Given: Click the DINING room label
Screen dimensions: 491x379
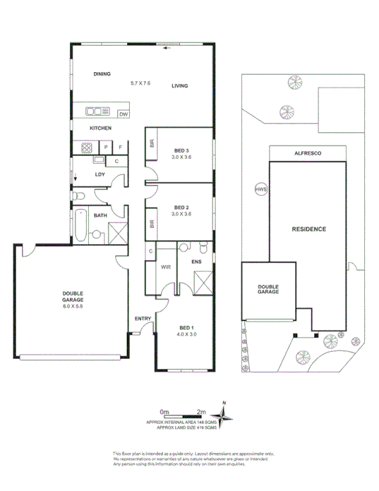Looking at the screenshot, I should click(103, 74).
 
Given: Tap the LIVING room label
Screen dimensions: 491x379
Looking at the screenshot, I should click(180, 86).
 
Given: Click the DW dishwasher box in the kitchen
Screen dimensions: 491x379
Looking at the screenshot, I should click(123, 113).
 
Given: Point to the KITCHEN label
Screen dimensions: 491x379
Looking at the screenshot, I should click(100, 129).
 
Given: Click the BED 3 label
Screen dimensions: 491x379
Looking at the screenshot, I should click(182, 150).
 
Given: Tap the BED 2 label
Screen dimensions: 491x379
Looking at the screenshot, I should click(182, 208).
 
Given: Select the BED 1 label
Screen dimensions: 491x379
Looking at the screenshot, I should click(186, 328).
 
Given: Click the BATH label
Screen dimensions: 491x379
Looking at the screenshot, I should click(100, 215).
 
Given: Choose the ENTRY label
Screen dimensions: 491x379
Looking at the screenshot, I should click(143, 319).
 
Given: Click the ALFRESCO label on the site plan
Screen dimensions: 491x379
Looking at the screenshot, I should click(307, 152).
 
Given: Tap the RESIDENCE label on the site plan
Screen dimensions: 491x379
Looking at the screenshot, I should click(309, 230).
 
